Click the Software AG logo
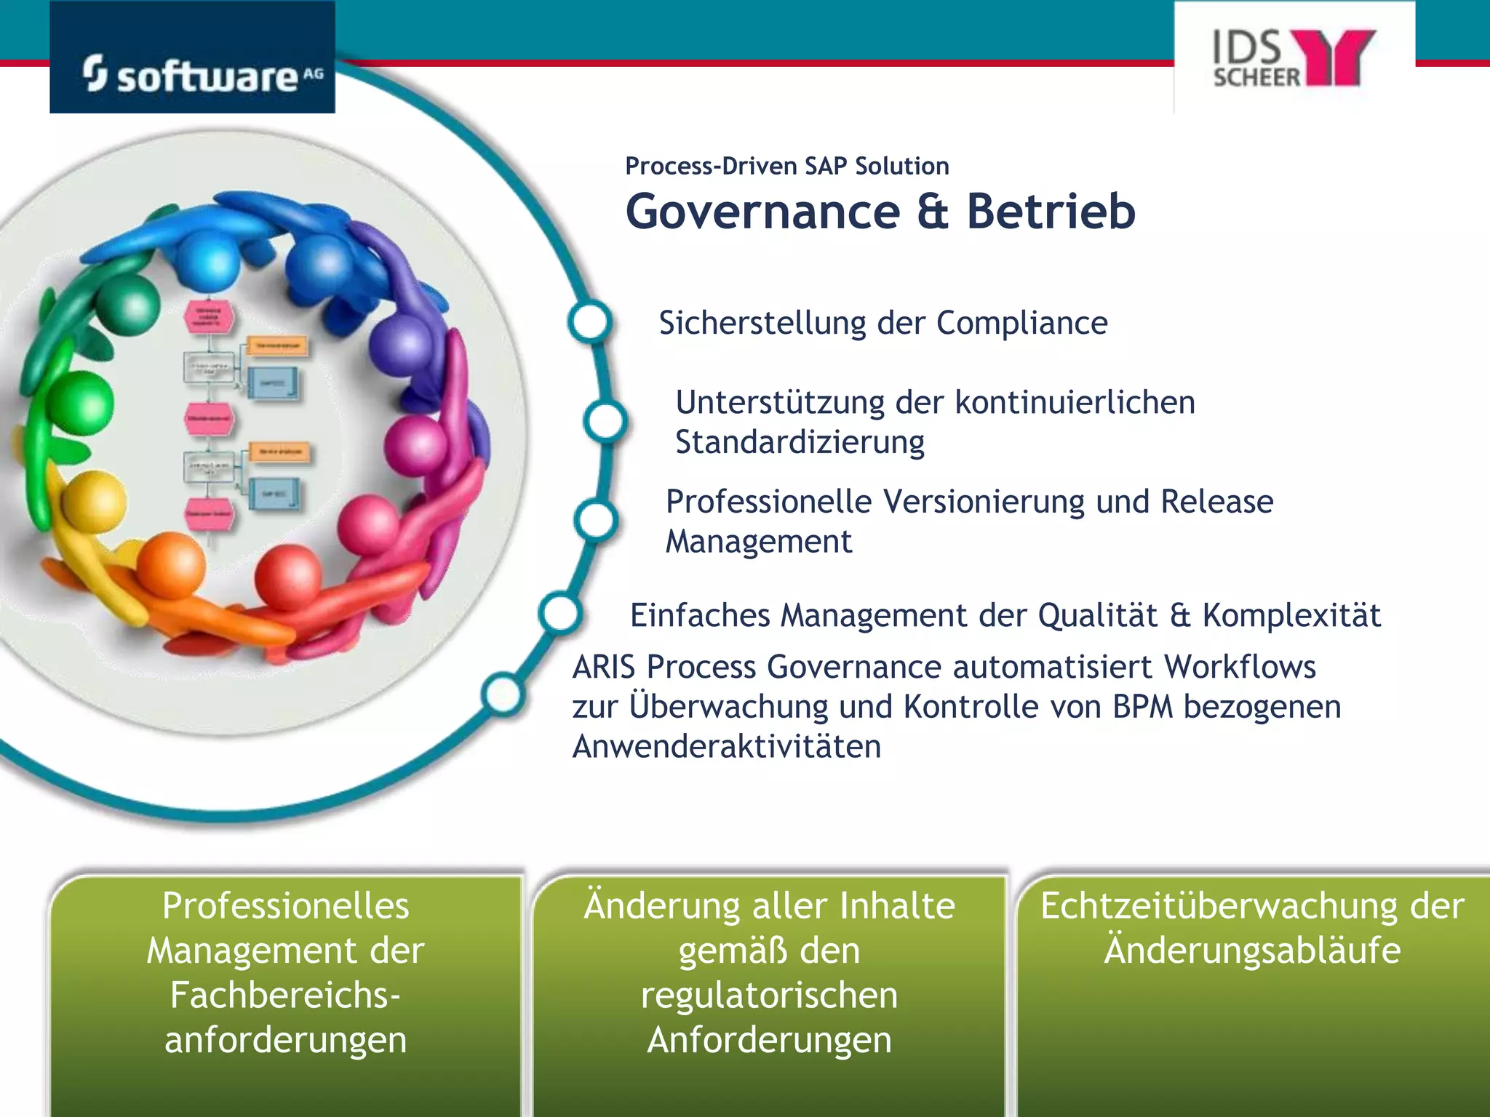click(x=193, y=73)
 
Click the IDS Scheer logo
click(x=1294, y=58)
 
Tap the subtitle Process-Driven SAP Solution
click(x=786, y=166)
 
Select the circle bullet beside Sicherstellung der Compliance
click(x=589, y=321)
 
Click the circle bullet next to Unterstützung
click(x=605, y=421)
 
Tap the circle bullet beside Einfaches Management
click(x=560, y=613)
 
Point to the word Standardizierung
click(x=800, y=442)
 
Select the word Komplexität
click(x=1291, y=615)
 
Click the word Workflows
click(x=1240, y=667)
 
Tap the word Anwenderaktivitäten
click(x=726, y=747)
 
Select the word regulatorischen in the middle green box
click(x=769, y=996)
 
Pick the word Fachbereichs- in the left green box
click(x=285, y=996)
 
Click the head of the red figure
click(x=288, y=576)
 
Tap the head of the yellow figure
click(x=93, y=502)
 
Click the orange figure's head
click(x=171, y=565)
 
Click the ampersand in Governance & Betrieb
click(x=933, y=212)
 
